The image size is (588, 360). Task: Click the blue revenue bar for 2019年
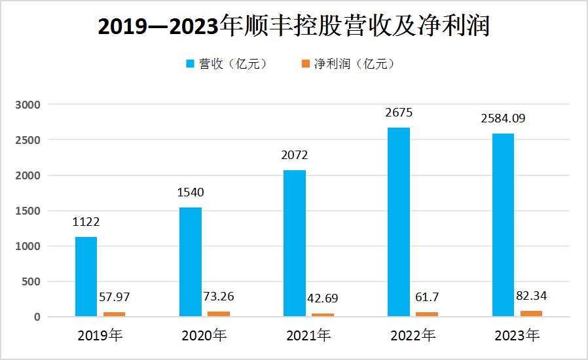(86, 277)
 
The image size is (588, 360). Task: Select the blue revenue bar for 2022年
(399, 223)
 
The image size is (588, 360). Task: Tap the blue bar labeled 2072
(295, 243)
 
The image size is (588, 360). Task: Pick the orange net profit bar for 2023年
(531, 314)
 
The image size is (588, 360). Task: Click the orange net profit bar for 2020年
(219, 314)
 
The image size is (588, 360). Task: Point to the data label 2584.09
(503, 118)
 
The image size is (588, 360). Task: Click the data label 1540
(191, 193)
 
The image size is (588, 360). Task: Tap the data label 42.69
(323, 299)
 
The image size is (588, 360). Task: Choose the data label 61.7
(426, 298)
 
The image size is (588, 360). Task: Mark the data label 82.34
(530, 296)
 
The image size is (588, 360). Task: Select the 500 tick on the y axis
(31, 281)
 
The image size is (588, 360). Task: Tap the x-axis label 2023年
(517, 336)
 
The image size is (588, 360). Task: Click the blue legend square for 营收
(191, 64)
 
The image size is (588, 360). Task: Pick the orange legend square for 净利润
(305, 64)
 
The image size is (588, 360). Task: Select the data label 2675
(399, 113)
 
